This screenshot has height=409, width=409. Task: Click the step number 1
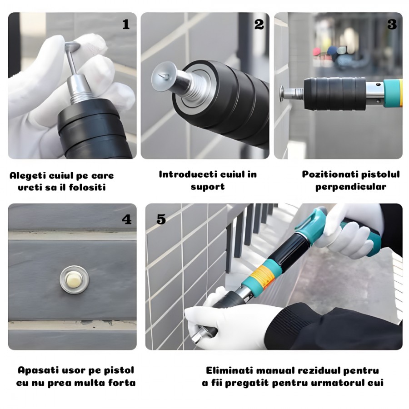pyautogui.click(x=126, y=25)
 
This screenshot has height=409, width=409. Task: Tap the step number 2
pyautogui.click(x=259, y=25)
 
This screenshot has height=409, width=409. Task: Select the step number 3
pyautogui.click(x=392, y=25)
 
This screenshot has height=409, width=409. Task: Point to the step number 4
pyautogui.click(x=127, y=219)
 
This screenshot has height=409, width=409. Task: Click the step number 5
pyautogui.click(x=161, y=219)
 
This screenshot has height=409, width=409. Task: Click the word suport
pyautogui.click(x=208, y=187)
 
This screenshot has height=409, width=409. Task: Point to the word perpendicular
pyautogui.click(x=350, y=187)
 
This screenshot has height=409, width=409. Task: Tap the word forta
pyautogui.click(x=123, y=383)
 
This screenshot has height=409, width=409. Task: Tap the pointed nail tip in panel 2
pyautogui.click(x=162, y=76)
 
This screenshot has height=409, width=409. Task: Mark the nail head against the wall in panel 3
pyautogui.click(x=282, y=94)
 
